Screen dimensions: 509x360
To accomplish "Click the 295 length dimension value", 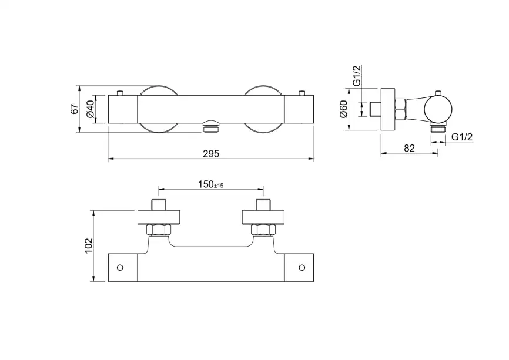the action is coord(211,153).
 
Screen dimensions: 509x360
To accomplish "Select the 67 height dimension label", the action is coord(75,109).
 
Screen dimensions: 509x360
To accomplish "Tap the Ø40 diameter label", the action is coord(90,109).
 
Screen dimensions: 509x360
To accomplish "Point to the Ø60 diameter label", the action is coord(343,109).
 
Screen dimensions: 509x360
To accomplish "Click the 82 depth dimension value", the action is coord(409,148).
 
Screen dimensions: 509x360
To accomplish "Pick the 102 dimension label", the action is coord(89,246).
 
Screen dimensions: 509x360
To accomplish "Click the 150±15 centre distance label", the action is coord(211,184).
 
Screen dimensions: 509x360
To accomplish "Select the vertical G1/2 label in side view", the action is coord(357,76).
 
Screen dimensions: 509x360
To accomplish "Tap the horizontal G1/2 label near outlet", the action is coord(462,137).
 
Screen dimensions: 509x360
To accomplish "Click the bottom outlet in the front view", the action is coord(211,126).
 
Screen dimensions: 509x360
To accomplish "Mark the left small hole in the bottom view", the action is coord(120,268).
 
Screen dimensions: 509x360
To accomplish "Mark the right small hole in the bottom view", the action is coord(302,268).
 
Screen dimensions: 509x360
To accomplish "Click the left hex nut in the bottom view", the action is coord(159,230).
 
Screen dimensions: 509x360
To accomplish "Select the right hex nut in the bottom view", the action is coord(263,230).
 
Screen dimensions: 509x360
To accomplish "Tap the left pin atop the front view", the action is coord(120,93).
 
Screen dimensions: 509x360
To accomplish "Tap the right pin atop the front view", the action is coord(302,93).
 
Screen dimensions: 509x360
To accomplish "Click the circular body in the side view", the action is coord(438,109).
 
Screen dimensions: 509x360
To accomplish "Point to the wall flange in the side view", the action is coord(388,109).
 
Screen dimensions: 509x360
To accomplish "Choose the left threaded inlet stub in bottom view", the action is coord(159,204).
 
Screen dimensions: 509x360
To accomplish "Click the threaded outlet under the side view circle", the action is coord(438,127).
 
